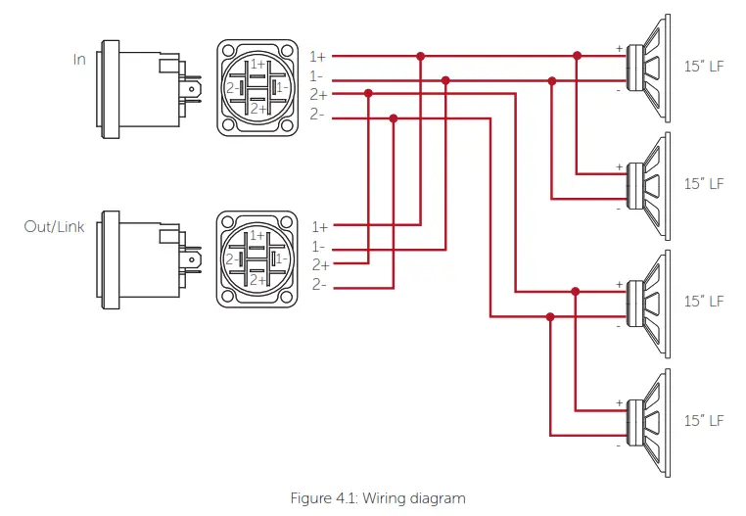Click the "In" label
[79, 59]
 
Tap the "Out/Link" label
[55, 226]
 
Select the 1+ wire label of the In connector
[318, 57]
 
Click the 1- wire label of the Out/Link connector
[318, 246]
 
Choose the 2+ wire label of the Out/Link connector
[319, 265]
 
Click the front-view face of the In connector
[255, 87]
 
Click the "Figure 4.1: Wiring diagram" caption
[377, 498]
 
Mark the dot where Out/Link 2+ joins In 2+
[369, 94]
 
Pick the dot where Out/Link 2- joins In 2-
[394, 118]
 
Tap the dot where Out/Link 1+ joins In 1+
[420, 57]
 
